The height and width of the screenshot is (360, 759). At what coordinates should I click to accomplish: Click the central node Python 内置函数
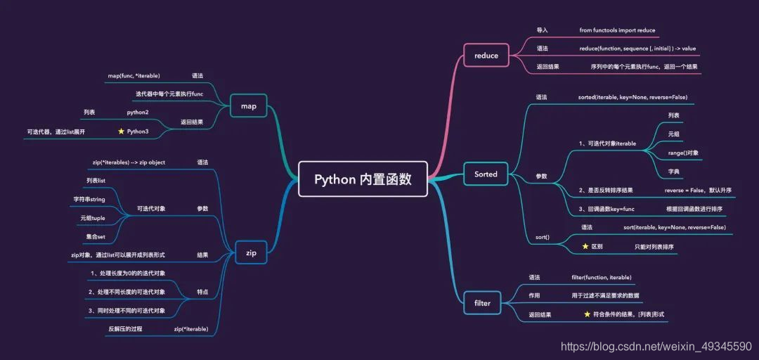tap(363, 179)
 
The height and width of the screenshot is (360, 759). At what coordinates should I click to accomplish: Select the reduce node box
tap(486, 56)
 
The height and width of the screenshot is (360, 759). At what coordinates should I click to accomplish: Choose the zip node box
tap(251, 252)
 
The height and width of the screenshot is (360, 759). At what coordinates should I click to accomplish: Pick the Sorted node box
tap(486, 174)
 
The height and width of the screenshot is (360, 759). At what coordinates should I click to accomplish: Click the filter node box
tap(483, 303)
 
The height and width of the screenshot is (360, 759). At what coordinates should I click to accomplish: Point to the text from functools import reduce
tap(617, 30)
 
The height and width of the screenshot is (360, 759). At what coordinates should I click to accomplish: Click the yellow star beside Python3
tap(121, 131)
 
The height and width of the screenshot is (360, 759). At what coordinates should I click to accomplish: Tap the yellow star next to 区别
tap(585, 247)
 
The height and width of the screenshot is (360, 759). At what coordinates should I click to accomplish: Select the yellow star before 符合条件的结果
tap(587, 314)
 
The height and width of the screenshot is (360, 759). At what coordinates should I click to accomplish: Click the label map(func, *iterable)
tap(134, 75)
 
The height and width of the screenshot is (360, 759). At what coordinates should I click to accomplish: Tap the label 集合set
tap(96, 237)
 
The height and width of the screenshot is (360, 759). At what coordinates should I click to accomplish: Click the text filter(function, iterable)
tap(602, 278)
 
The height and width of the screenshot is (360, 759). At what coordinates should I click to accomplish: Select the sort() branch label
tap(542, 238)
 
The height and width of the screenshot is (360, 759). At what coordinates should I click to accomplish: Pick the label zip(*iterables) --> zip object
tap(129, 162)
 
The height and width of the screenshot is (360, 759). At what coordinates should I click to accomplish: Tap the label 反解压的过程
tap(125, 329)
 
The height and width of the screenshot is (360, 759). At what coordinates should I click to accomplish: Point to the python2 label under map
tap(138, 112)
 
